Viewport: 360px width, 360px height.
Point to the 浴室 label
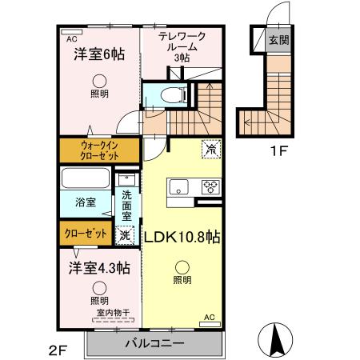[x=86, y=202]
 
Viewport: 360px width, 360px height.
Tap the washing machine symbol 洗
[x=124, y=235]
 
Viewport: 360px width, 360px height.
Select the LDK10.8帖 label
[x=182, y=237]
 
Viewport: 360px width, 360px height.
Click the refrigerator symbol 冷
[x=211, y=149]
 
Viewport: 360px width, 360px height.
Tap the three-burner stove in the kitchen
[x=210, y=188]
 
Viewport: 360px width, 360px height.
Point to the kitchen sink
[x=177, y=188]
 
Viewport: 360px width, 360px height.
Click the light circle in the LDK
[x=182, y=267]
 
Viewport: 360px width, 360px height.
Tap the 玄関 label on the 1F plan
[x=278, y=41]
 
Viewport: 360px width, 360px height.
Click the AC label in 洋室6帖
[x=71, y=38]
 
